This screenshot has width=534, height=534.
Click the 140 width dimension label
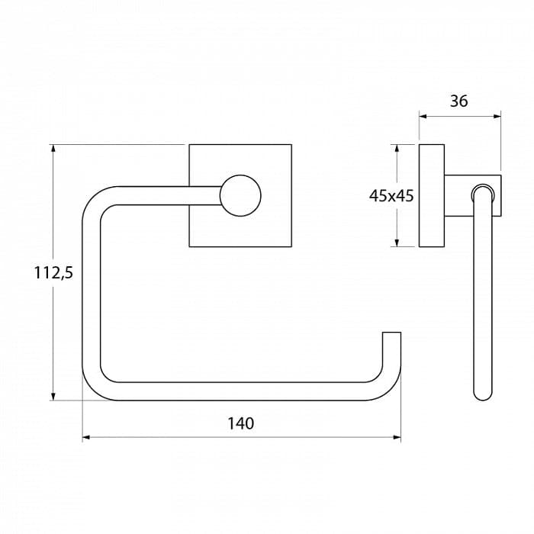tap(240, 423)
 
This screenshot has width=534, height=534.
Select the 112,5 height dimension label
tap(53, 273)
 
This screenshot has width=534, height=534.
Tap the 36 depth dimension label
tap(458, 101)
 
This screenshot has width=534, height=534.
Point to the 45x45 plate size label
tap(391, 196)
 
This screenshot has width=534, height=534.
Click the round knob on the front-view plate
tap(240, 196)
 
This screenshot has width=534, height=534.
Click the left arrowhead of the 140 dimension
tap(85, 437)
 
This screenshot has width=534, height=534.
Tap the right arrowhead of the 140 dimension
tap(397, 437)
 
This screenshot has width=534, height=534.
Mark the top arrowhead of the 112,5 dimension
tap(53, 149)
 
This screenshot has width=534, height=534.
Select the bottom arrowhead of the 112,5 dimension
tap(53, 397)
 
